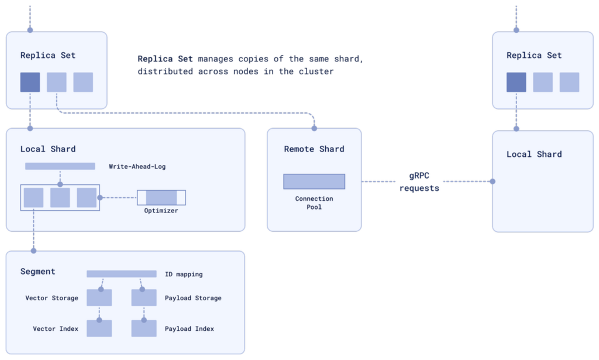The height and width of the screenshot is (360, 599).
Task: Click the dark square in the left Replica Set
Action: tap(30, 82)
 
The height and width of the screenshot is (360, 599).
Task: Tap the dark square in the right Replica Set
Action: tap(517, 82)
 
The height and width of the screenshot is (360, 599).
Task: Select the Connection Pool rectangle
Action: tap(314, 181)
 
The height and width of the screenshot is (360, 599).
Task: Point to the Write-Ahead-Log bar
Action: tap(60, 166)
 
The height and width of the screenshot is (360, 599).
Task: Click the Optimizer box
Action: tap(161, 198)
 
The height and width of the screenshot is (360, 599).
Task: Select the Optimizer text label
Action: tap(161, 211)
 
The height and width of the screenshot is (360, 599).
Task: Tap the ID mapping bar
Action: tap(122, 274)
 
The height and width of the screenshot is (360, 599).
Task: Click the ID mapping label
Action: tap(184, 274)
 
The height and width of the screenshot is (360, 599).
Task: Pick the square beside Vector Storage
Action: tap(99, 298)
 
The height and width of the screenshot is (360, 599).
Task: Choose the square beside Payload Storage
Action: tap(144, 298)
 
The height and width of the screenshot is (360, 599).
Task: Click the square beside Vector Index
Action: tap(99, 328)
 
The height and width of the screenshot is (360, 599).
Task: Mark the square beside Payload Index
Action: tap(144, 328)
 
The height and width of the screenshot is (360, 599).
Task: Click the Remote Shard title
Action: tap(314, 149)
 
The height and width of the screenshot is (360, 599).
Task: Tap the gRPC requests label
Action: tap(419, 182)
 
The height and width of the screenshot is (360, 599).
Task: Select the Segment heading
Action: tap(38, 272)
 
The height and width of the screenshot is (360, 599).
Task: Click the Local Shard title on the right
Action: tap(534, 155)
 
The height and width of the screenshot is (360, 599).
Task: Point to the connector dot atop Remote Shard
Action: tap(314, 128)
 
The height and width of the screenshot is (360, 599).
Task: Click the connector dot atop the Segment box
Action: tap(33, 251)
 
